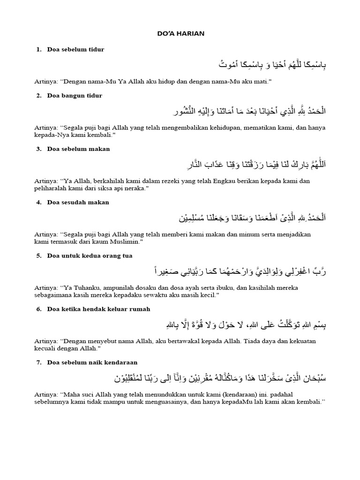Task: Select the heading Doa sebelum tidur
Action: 75,49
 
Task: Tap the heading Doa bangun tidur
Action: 75,96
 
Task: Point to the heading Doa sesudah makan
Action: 78,202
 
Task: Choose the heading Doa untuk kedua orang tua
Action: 90,256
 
